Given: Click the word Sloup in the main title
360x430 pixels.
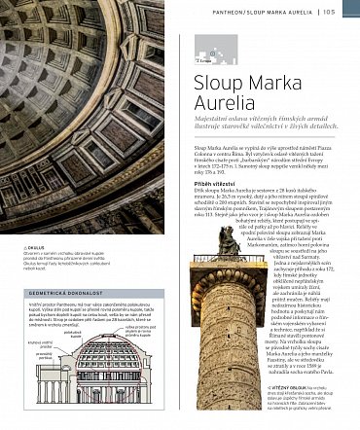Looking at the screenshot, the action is pos(217,78).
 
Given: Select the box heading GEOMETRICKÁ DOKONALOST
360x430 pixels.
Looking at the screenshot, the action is pos(54,291).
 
